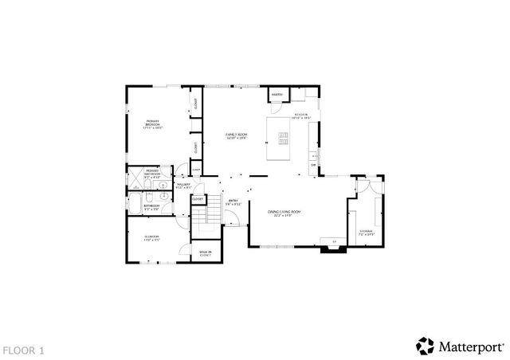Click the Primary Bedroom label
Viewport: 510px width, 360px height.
tap(152, 125)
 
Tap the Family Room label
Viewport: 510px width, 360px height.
tap(236, 136)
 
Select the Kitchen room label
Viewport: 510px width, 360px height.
tap(301, 116)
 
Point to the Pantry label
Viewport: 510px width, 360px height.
tap(277, 95)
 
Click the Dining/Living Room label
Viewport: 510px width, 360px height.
tap(287, 213)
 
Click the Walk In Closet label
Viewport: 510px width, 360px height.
tap(205, 254)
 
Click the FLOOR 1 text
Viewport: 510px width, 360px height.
tap(24, 349)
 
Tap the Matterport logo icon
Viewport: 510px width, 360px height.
tap(426, 346)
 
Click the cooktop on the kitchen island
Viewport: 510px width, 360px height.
tap(283, 139)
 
